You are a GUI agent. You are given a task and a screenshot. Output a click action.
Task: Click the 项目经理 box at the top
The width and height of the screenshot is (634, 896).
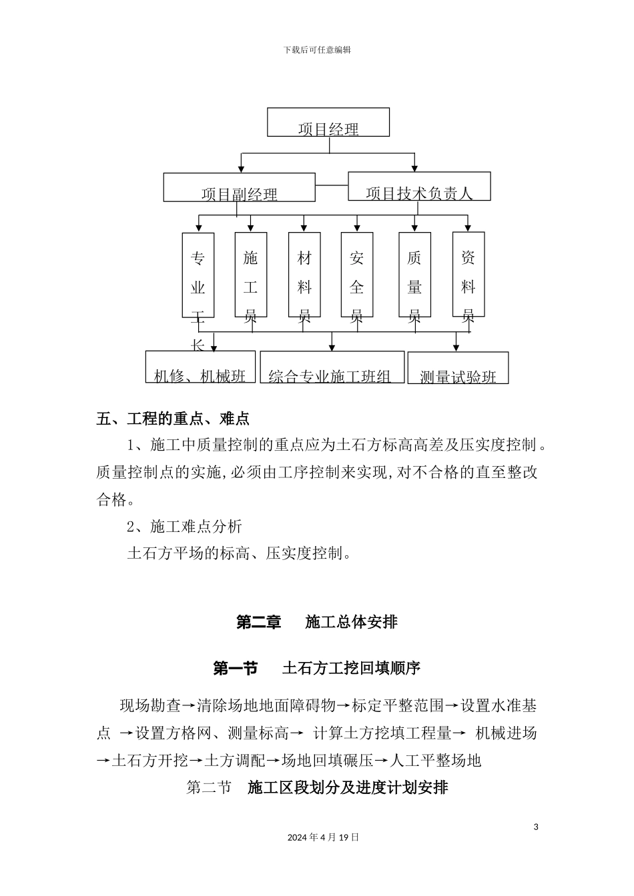[328, 123]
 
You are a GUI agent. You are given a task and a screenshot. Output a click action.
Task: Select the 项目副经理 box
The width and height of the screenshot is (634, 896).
[239, 187]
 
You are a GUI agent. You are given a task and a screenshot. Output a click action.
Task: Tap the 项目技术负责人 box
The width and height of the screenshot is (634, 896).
[419, 186]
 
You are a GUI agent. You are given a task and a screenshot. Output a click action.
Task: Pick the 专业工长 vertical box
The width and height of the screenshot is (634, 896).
[198, 275]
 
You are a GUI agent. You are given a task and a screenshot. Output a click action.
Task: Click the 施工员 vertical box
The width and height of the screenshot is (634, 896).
[251, 275]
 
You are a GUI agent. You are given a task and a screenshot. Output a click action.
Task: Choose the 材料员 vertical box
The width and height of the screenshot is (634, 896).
[304, 275]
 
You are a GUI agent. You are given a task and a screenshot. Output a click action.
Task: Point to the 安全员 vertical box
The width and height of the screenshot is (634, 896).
[357, 275]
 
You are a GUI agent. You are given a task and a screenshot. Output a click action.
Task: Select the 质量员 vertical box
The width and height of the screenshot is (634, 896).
[414, 275]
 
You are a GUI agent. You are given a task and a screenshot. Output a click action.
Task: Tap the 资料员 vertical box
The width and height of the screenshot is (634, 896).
[468, 275]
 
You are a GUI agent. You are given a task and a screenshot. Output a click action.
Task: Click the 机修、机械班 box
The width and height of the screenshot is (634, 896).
[200, 367]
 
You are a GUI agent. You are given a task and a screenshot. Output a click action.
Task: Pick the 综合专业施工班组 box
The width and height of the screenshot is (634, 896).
[332, 367]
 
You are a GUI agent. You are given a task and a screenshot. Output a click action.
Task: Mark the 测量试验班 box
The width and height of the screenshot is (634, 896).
[458, 368]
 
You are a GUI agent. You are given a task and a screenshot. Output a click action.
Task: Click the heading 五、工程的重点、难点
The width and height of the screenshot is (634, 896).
[173, 419]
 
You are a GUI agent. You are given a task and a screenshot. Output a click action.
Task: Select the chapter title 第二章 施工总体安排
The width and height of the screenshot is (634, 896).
[317, 622]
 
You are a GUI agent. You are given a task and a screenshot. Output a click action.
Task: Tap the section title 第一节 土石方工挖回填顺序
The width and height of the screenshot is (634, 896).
[317, 668]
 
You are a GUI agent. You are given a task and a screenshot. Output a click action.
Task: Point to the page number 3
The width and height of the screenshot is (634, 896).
[536, 827]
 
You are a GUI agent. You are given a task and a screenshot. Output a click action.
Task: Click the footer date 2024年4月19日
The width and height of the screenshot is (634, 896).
[324, 837]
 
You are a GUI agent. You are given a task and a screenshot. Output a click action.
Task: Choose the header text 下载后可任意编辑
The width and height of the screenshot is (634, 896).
[317, 50]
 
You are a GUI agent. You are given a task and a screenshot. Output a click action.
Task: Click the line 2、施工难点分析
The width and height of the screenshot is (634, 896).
[184, 526]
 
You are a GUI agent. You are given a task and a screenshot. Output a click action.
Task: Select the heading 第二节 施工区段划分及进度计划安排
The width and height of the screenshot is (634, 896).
[317, 787]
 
